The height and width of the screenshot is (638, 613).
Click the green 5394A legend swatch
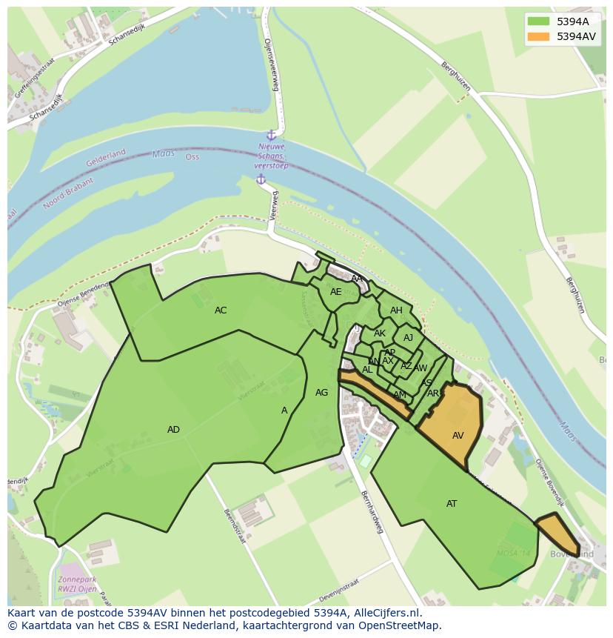click(x=539, y=21)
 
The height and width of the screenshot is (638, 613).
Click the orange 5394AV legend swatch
click(x=539, y=36)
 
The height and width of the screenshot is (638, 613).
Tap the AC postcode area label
click(x=221, y=310)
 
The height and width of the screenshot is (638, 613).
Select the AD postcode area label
click(x=173, y=430)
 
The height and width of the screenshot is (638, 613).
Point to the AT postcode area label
click(x=452, y=504)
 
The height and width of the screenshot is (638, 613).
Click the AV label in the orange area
click(x=458, y=436)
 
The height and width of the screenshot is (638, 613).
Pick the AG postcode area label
click(x=321, y=393)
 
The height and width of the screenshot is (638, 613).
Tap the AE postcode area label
click(x=336, y=292)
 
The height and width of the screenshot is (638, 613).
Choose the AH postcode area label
click(x=396, y=310)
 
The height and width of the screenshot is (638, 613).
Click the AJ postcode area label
click(x=408, y=338)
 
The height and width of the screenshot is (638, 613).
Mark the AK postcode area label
click(x=380, y=333)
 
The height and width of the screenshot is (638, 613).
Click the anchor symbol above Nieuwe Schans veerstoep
click(x=271, y=135)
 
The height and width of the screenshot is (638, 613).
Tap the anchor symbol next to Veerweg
click(x=261, y=179)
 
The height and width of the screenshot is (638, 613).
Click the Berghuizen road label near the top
click(x=455, y=75)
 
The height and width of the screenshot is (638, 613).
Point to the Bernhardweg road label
click(x=372, y=511)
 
